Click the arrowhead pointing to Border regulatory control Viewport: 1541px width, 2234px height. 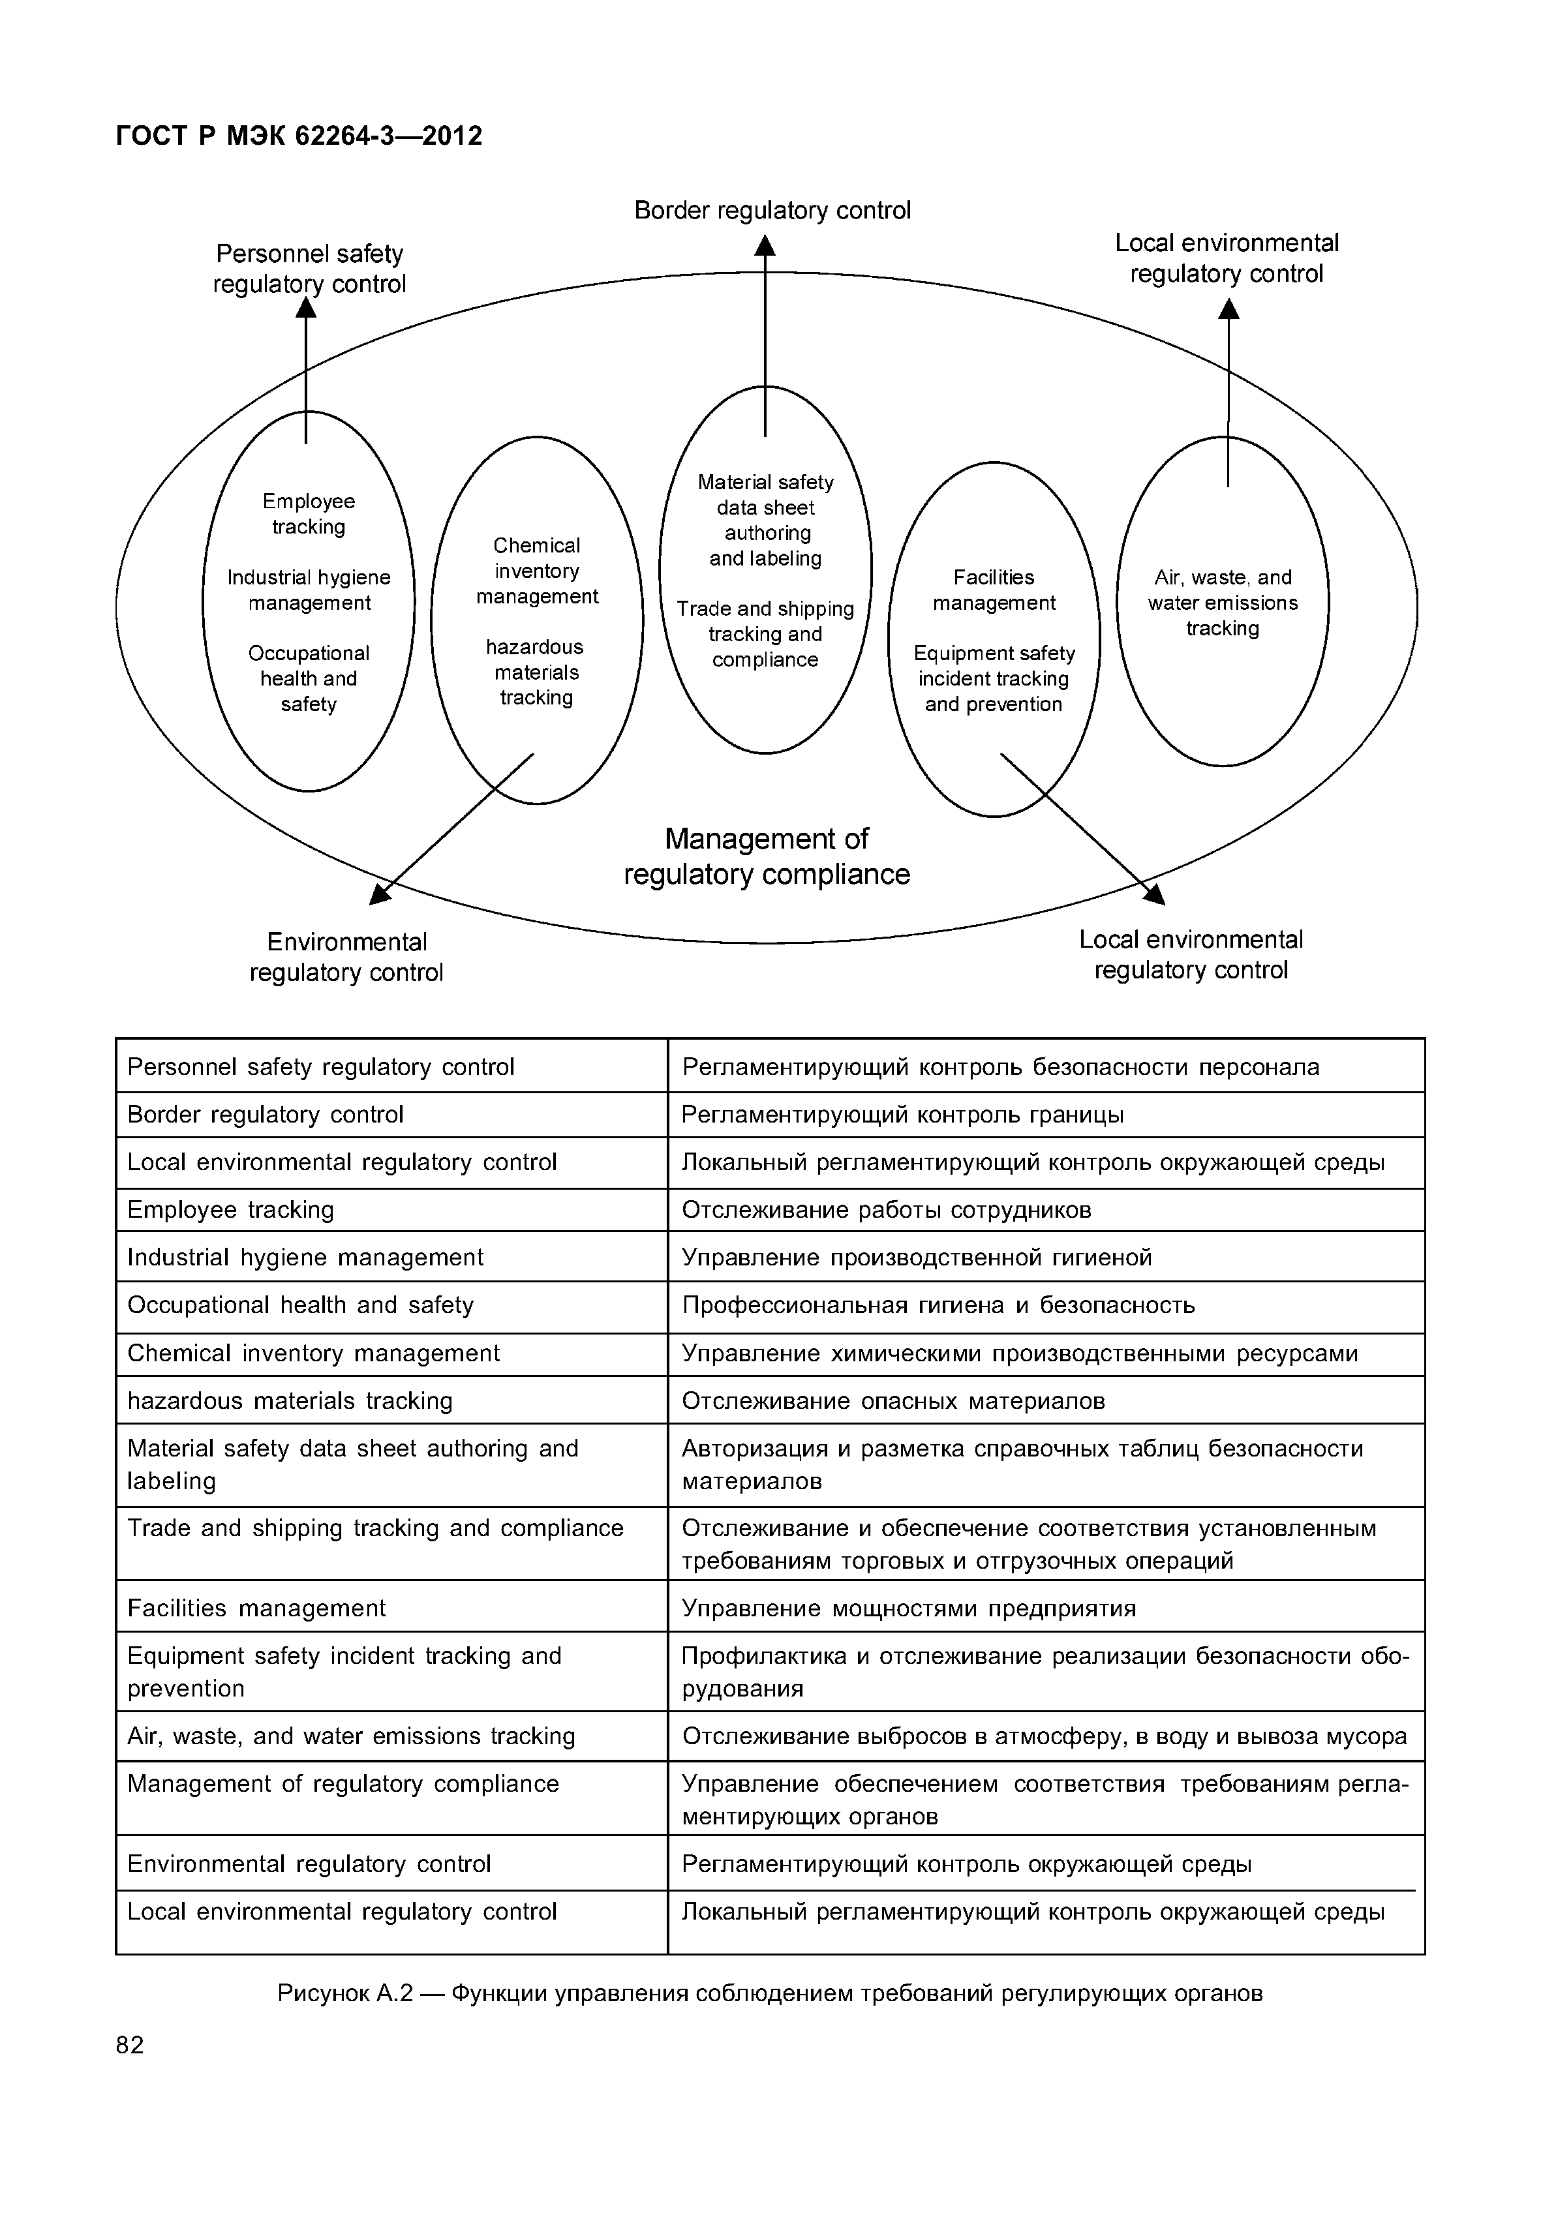765,247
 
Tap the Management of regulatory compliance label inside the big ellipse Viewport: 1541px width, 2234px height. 767,856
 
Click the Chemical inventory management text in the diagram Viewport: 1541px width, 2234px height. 537,571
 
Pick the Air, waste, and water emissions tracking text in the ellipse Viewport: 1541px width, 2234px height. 1223,603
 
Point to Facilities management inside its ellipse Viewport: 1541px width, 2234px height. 994,590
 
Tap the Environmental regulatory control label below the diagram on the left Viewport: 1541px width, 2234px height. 346,957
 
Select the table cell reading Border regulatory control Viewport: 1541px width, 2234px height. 265,1115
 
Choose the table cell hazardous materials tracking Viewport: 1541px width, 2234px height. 290,1401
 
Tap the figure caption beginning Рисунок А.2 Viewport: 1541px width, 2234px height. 770,1993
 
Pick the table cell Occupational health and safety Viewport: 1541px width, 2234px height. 300,1305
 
